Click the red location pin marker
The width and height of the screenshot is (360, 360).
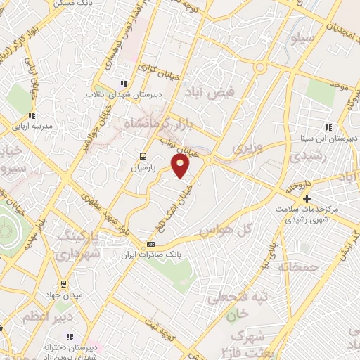[x=181, y=166]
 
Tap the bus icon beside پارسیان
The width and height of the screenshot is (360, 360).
[x=143, y=156]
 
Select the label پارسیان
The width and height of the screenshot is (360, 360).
[x=143, y=169]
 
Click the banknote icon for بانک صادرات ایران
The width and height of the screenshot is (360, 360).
[x=150, y=244]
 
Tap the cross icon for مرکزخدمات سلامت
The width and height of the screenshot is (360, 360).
[x=306, y=198]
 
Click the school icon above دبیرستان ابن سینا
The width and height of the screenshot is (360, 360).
[x=327, y=127]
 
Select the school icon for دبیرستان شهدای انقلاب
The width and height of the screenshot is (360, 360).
[x=125, y=82]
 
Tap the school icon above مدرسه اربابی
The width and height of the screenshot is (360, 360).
[x=31, y=116]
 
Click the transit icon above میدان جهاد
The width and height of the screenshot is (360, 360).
[x=63, y=284]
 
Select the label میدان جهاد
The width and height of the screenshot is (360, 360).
[x=67, y=295]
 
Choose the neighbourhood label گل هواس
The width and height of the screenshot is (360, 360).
[x=225, y=231]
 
